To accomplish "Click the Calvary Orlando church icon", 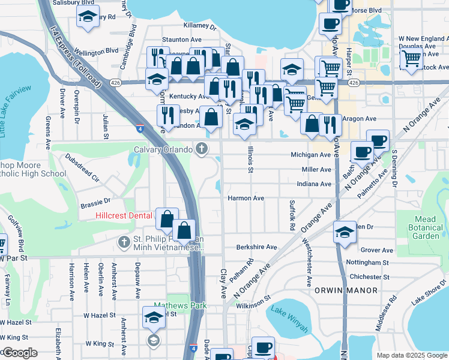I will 203,149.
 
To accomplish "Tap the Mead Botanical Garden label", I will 426,228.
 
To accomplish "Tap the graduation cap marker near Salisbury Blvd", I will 88,18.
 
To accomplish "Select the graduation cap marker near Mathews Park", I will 154,317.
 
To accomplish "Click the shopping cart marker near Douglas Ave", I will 411,59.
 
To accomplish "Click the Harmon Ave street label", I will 246,198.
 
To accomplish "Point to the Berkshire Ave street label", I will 256,247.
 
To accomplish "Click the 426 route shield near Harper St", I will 354,82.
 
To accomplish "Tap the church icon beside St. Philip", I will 124,242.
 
